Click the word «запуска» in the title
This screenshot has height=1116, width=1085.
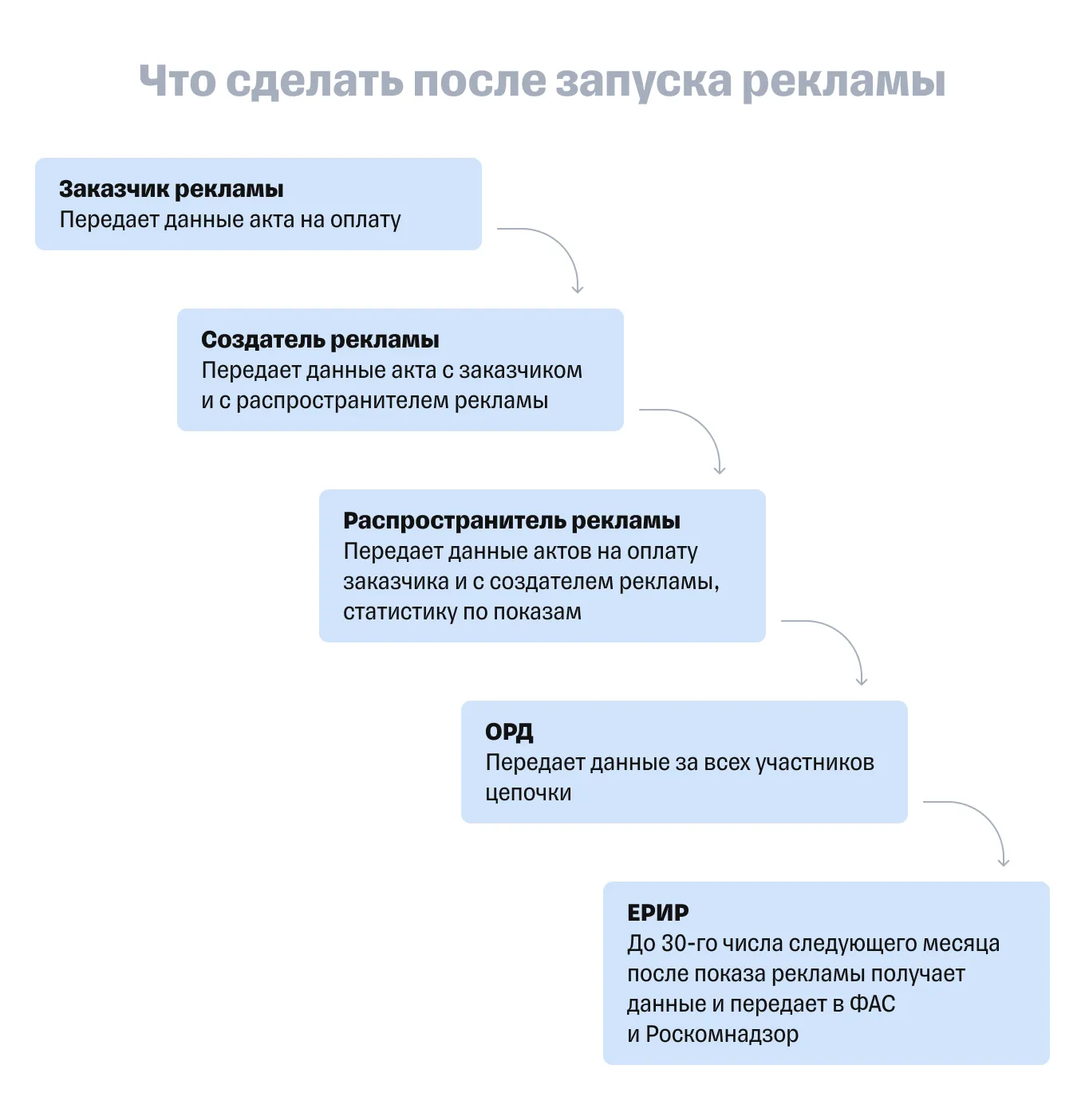pyautogui.click(x=644, y=81)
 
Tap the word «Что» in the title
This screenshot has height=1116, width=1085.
pyautogui.click(x=177, y=81)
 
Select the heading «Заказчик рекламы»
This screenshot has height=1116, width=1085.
pyautogui.click(x=171, y=189)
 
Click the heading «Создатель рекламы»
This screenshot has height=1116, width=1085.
pyautogui.click(x=320, y=340)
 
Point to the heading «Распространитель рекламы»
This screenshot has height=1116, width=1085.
pyautogui.click(x=511, y=521)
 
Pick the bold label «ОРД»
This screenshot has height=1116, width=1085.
pyautogui.click(x=509, y=732)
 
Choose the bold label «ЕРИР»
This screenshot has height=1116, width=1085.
pyautogui.click(x=658, y=913)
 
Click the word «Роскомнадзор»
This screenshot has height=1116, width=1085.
pyautogui.click(x=722, y=1034)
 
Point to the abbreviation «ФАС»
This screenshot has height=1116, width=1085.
pyautogui.click(x=872, y=1004)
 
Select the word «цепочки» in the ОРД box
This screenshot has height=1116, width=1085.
pyautogui.click(x=528, y=793)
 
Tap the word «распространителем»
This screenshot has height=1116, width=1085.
pyautogui.click(x=342, y=401)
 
